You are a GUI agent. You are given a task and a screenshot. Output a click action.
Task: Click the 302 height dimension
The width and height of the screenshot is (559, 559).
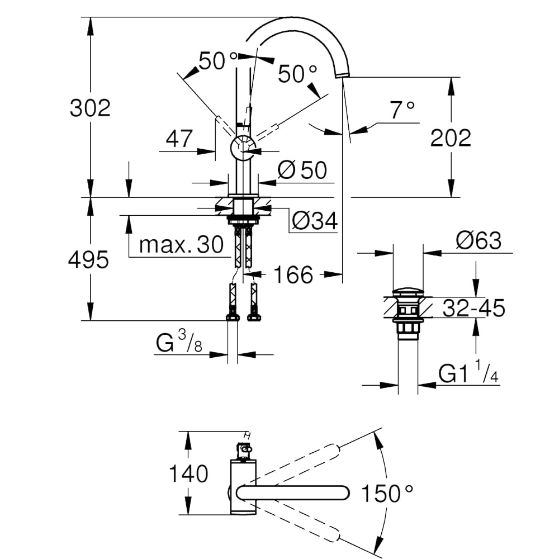point(90,108)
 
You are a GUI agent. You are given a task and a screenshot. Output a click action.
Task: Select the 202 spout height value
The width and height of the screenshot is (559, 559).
point(451,138)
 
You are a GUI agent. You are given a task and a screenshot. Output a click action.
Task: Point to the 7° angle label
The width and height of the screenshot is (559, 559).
point(402,110)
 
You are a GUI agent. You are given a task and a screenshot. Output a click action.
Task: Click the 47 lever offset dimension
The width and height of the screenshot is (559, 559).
point(179,138)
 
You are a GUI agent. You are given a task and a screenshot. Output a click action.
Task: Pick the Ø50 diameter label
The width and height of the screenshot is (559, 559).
point(302,170)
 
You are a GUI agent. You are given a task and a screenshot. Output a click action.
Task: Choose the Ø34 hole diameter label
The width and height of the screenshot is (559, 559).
point(315,222)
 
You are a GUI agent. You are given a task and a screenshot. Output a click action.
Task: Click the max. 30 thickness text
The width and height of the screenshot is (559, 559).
point(181,244)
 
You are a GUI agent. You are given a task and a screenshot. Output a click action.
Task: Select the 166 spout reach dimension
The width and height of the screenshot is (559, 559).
point(293,274)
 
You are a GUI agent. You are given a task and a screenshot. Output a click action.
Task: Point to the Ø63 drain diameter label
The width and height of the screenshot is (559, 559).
point(479,241)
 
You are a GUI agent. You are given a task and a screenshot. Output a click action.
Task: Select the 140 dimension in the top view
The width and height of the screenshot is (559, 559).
point(189,473)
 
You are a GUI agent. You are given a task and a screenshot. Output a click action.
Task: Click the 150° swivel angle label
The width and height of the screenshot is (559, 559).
point(387,493)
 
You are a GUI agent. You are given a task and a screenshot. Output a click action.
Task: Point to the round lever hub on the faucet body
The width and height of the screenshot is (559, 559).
point(243,148)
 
